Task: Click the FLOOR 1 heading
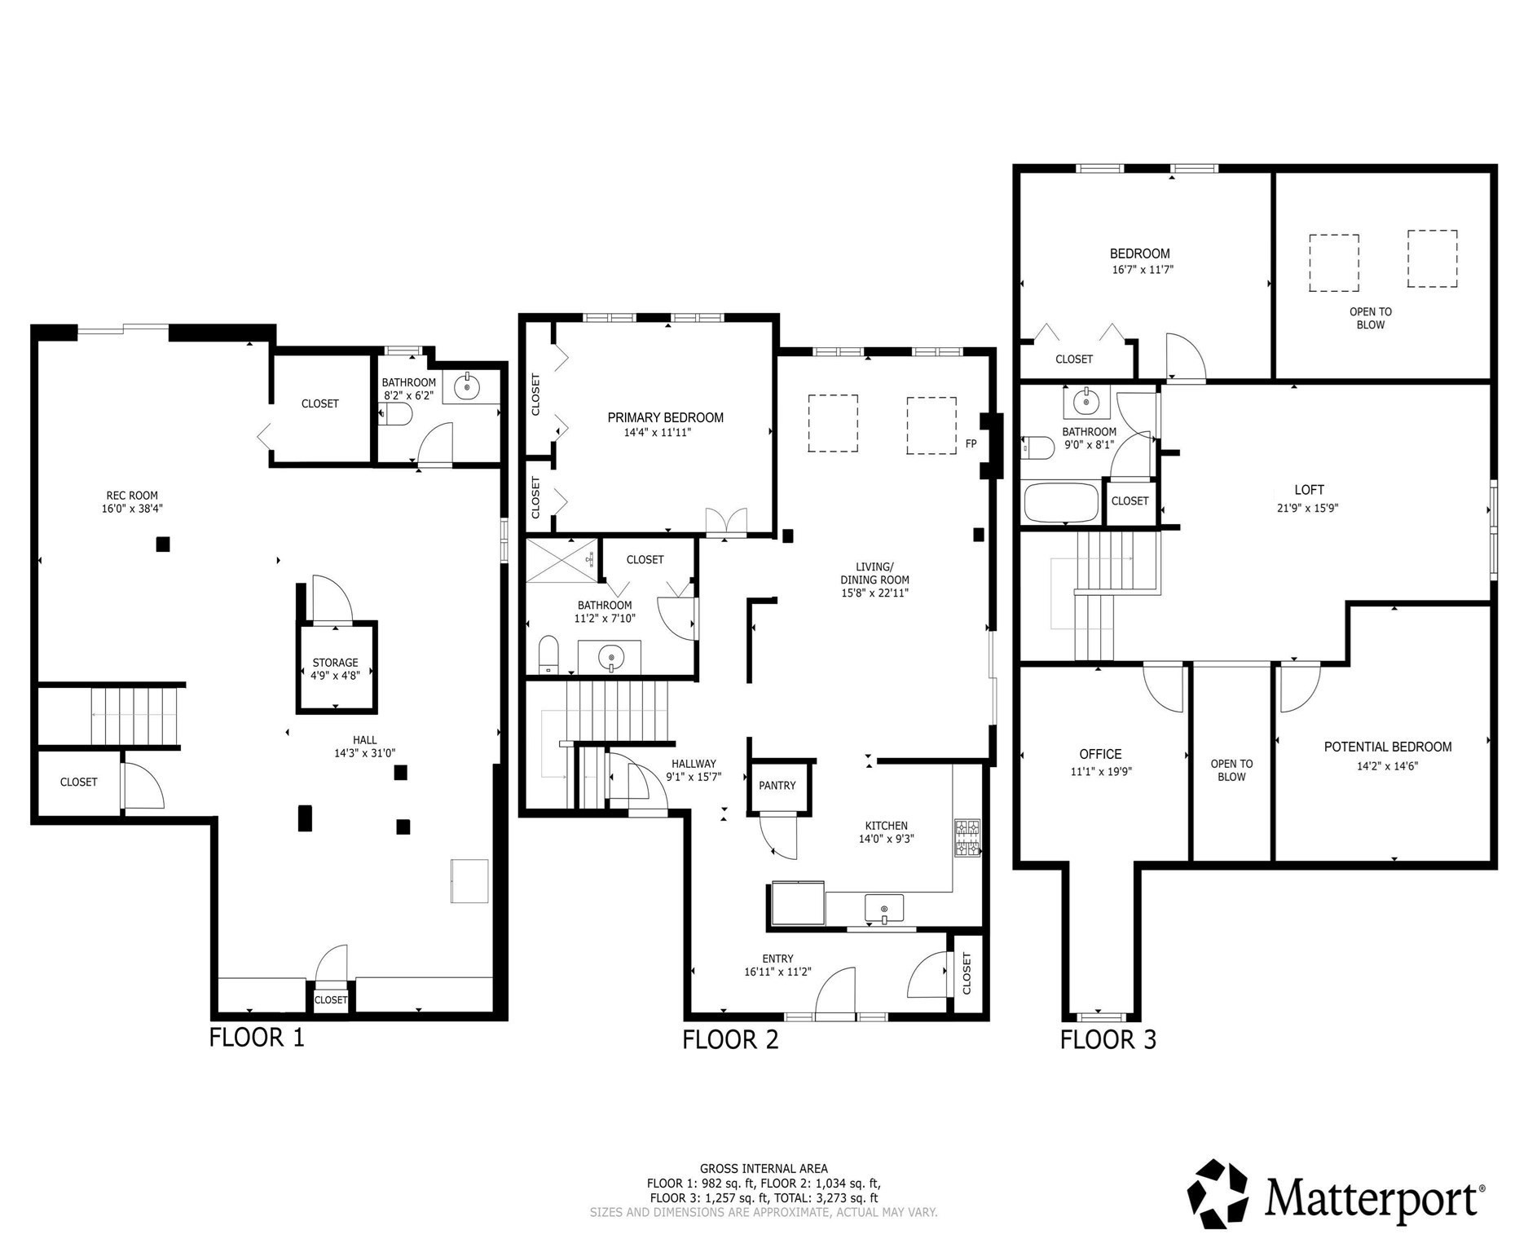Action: [x=257, y=1038]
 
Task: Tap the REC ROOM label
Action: [x=132, y=496]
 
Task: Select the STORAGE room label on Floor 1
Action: [x=335, y=663]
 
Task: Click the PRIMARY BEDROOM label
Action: [x=665, y=417]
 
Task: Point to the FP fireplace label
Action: [x=971, y=444]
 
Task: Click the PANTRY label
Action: [x=777, y=786]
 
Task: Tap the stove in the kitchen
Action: [x=967, y=839]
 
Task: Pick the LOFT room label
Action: [x=1309, y=490]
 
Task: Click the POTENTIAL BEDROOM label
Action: [x=1387, y=747]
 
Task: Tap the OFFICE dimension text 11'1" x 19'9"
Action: [x=1100, y=771]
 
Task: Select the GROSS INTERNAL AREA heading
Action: [x=764, y=1168]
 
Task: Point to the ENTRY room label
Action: [x=777, y=959]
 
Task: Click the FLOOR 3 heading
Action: [x=1107, y=1039]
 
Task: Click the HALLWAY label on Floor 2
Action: [x=694, y=764]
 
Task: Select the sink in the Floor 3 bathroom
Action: [x=1085, y=402]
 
